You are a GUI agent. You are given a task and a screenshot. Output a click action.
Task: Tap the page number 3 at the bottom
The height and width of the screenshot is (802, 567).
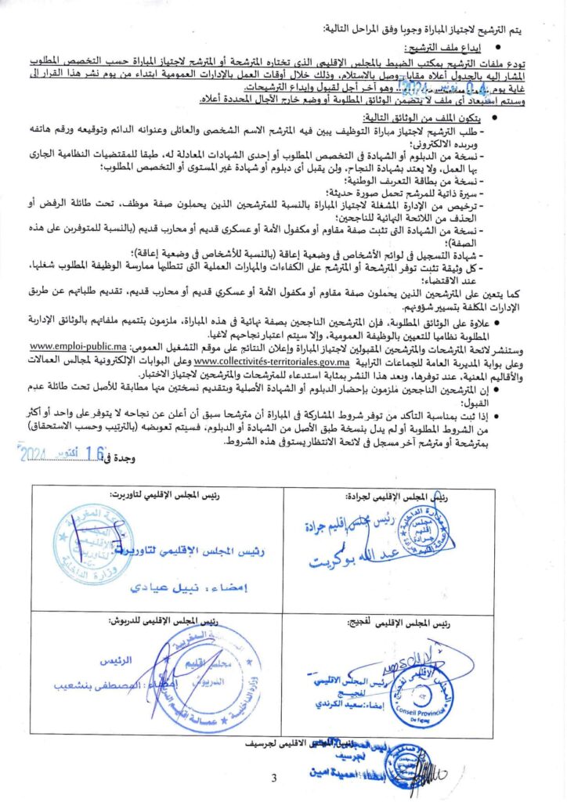point(274,778)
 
